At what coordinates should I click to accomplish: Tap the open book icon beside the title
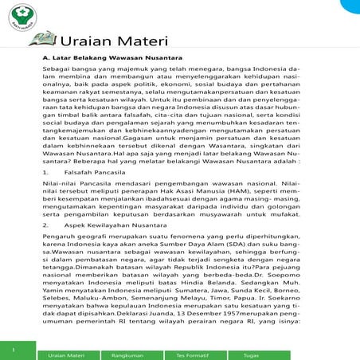point(45,37)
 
